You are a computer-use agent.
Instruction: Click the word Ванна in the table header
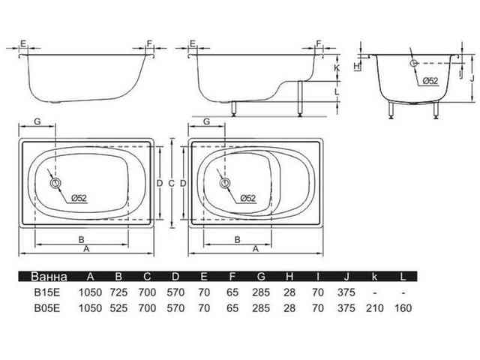(x=49, y=277)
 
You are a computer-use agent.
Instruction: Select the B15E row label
(x=46, y=292)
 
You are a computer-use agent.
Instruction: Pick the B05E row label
(x=46, y=308)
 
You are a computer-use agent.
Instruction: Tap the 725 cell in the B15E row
(x=118, y=292)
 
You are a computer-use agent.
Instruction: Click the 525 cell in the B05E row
(x=118, y=308)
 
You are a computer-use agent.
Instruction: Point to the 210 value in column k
(x=375, y=308)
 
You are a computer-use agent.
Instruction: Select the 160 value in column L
(x=403, y=308)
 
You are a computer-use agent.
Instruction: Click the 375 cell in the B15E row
(x=346, y=292)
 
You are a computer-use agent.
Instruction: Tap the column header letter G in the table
(x=261, y=277)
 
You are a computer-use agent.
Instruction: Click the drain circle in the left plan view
(x=55, y=183)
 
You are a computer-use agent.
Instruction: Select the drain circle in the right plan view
(x=225, y=183)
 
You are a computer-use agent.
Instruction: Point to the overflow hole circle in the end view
(x=414, y=63)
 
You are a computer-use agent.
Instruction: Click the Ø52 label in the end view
(x=430, y=81)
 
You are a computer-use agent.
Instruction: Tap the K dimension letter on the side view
(x=337, y=67)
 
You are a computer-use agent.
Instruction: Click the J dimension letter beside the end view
(x=472, y=79)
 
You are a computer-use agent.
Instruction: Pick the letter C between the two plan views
(x=171, y=184)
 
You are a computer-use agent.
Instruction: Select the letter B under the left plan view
(x=82, y=240)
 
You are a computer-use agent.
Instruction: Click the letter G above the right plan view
(x=207, y=121)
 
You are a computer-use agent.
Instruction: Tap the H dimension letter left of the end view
(x=357, y=66)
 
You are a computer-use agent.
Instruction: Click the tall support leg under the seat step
(x=300, y=98)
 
